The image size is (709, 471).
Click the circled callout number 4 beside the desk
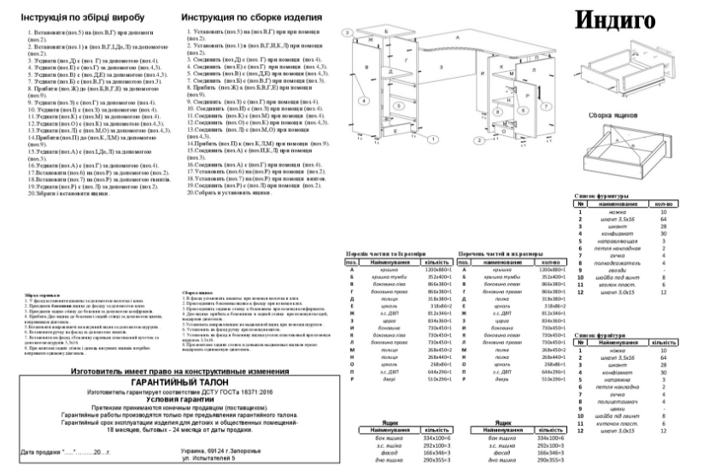coord(364,101)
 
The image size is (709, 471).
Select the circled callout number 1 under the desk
coord(434,137)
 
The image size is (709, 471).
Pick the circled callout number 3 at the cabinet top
coord(347,32)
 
